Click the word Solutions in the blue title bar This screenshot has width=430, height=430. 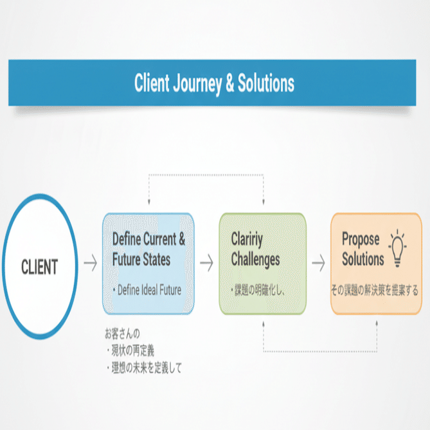(x=265, y=84)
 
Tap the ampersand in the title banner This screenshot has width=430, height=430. (x=230, y=84)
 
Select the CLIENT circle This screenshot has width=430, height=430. (x=40, y=265)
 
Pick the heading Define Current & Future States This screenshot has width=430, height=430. (x=148, y=249)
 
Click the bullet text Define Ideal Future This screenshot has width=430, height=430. (x=149, y=290)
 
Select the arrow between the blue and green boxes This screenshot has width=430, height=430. (x=206, y=263)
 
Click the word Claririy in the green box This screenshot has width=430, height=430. (x=247, y=240)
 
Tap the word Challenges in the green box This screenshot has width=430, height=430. (x=255, y=260)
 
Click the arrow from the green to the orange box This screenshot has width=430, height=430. (x=318, y=263)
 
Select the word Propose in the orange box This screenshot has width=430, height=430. (x=361, y=240)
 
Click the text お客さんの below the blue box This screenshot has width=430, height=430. (x=122, y=333)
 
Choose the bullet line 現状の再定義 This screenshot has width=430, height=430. (x=130, y=350)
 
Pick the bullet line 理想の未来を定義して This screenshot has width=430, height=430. (x=144, y=368)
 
